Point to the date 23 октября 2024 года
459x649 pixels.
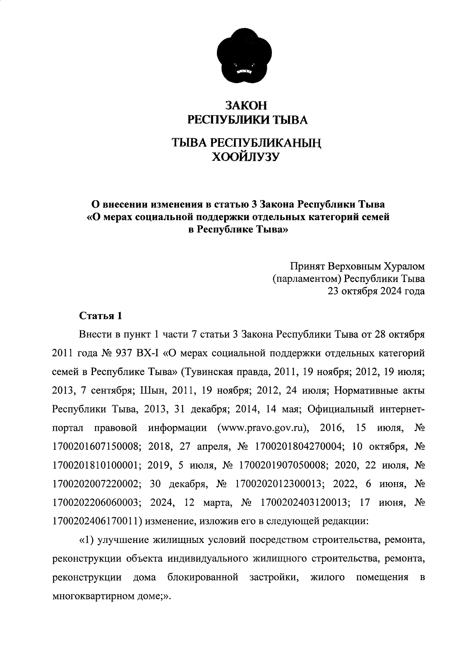click(x=376, y=291)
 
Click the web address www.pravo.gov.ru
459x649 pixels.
click(x=263, y=428)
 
